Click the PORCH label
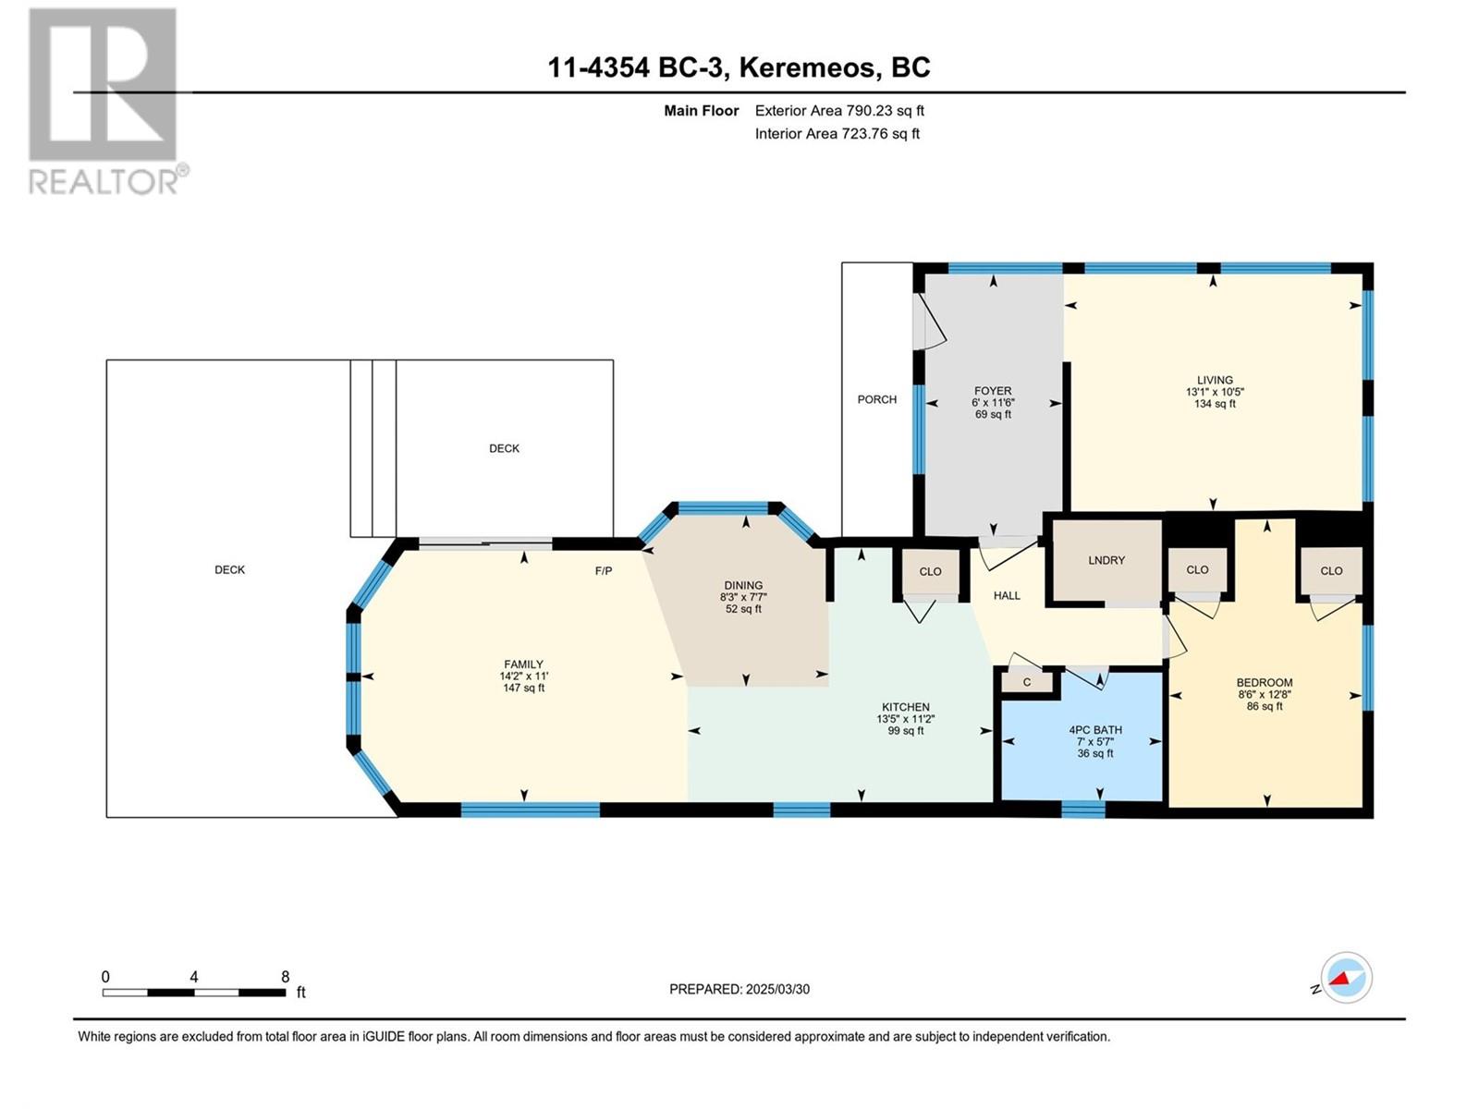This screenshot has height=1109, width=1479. click(x=876, y=399)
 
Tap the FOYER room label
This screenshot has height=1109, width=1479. click(x=993, y=391)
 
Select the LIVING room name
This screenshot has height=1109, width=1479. click(x=1215, y=380)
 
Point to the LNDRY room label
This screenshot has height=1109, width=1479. click(x=1106, y=560)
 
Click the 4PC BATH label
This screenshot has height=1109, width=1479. click(x=1095, y=729)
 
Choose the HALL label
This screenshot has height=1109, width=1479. click(x=1007, y=595)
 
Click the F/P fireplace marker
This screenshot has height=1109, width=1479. click(x=603, y=571)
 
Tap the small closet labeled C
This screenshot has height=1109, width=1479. click(x=1027, y=682)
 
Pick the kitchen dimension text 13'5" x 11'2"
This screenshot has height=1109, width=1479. click(x=906, y=718)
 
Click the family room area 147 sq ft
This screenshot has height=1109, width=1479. click(x=523, y=688)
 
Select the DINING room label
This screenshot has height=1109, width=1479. click(x=743, y=585)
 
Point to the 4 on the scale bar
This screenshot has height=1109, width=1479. click(x=194, y=977)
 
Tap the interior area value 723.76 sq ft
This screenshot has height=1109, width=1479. click(x=881, y=133)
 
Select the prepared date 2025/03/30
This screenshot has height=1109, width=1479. click(x=777, y=989)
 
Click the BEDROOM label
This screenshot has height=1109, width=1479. click(x=1264, y=682)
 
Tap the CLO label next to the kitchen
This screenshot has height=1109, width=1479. click(x=930, y=572)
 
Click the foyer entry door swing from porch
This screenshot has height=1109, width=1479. click(x=934, y=323)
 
